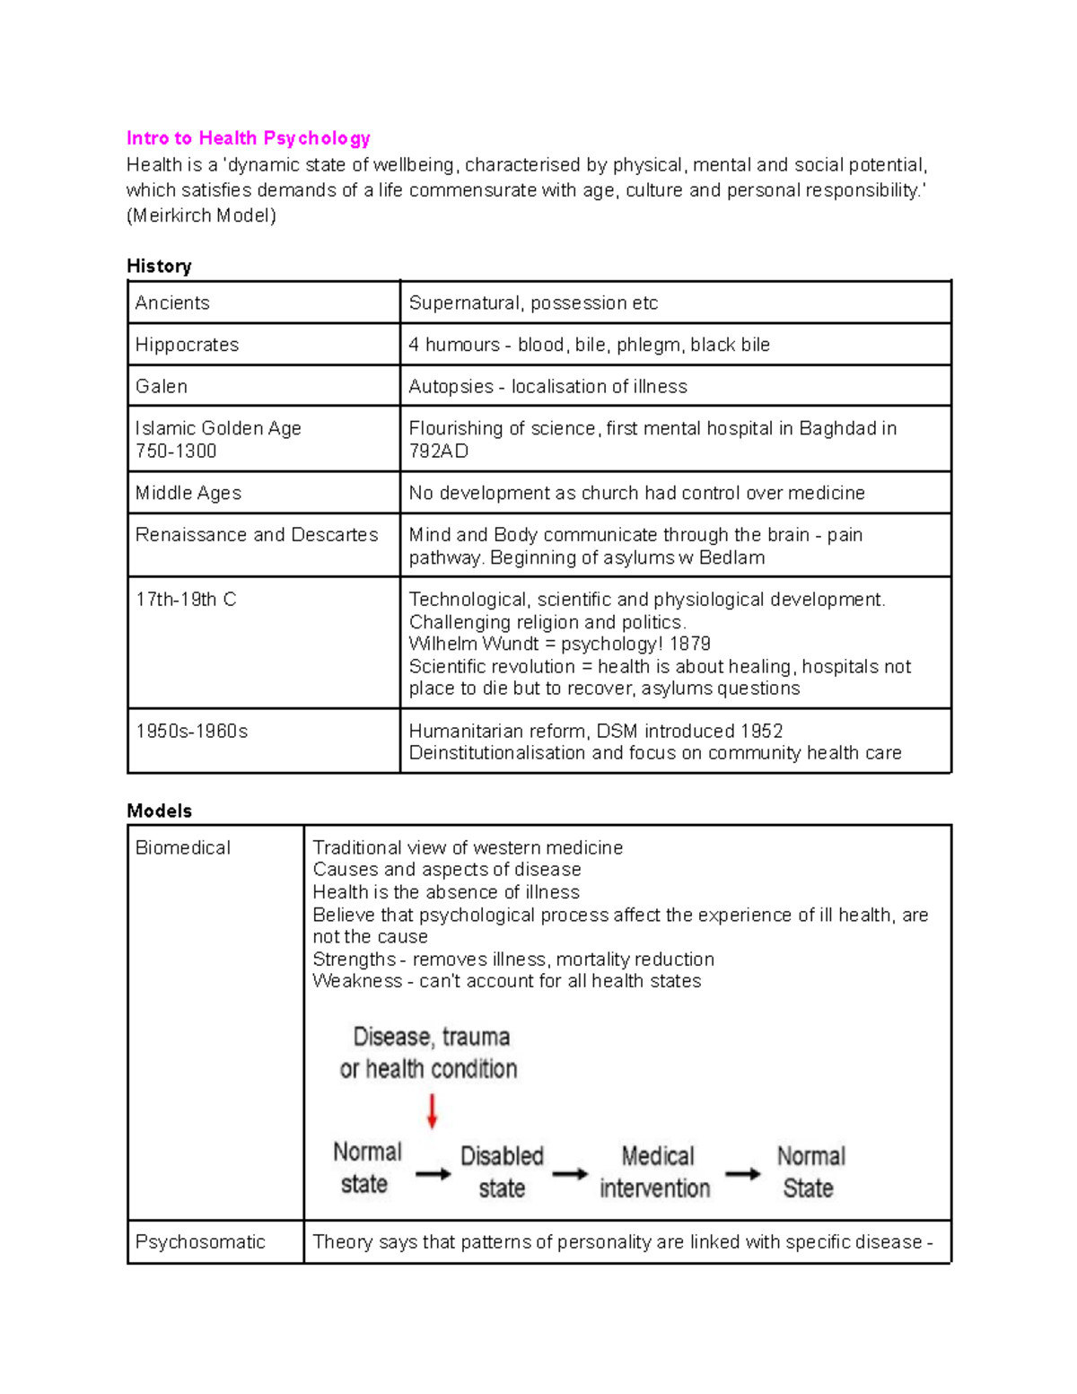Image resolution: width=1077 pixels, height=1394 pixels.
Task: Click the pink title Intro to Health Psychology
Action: (x=248, y=138)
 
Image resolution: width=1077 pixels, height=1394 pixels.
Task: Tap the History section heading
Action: (x=159, y=266)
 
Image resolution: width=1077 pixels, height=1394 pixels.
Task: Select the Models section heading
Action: (x=159, y=811)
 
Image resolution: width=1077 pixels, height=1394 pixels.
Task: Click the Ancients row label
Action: (x=172, y=302)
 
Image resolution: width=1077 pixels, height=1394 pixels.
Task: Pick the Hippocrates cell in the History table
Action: (x=187, y=345)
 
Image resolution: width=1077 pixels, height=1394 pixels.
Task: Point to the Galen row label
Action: (x=162, y=386)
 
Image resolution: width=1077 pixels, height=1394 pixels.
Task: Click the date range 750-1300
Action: (x=176, y=451)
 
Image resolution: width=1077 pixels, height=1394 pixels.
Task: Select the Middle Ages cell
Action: (x=188, y=493)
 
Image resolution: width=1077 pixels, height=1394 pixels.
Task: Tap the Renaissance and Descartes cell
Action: (x=257, y=535)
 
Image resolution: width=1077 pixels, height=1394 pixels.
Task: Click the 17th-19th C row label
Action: (x=186, y=600)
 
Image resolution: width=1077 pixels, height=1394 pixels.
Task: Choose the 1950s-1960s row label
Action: (x=191, y=731)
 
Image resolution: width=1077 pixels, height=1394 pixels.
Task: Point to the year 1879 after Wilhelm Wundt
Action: (x=690, y=644)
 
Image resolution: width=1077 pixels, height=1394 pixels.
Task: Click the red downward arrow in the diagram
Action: (x=432, y=1110)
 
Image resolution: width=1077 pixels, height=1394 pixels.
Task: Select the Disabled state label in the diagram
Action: (x=502, y=1171)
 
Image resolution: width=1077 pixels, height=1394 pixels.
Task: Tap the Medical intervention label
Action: (x=655, y=1171)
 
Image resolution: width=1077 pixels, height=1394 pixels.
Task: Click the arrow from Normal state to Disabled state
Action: (x=433, y=1173)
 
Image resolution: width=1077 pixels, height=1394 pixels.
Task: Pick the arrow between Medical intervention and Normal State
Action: (x=743, y=1173)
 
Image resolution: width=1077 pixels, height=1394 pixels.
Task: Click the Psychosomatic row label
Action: (x=200, y=1241)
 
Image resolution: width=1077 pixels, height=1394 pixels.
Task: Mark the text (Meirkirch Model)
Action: (x=201, y=215)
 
